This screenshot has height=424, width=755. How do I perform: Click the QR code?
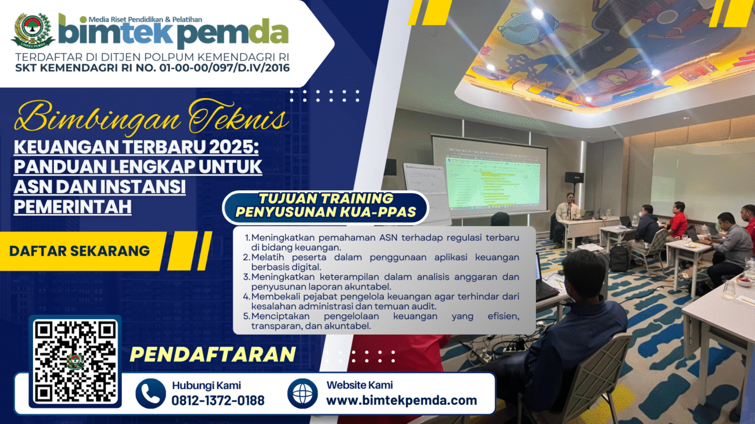tap(75, 361)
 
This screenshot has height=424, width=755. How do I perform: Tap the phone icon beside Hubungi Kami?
tap(150, 393)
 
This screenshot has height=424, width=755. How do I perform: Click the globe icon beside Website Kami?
tap(303, 393)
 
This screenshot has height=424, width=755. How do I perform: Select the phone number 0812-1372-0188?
tap(218, 401)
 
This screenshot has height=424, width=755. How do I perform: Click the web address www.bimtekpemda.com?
tap(401, 400)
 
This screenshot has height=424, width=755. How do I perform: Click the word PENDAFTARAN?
tap(213, 354)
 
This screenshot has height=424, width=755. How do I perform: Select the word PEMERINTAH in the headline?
tap(73, 206)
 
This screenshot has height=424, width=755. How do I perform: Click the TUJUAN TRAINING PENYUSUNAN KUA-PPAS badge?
tap(325, 205)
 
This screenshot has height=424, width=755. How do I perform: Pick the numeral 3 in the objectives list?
tap(246, 277)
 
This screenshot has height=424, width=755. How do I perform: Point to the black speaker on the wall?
tap(574, 177)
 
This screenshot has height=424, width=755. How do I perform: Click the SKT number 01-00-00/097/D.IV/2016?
tap(225, 68)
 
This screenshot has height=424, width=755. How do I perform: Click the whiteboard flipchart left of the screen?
tap(427, 192)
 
